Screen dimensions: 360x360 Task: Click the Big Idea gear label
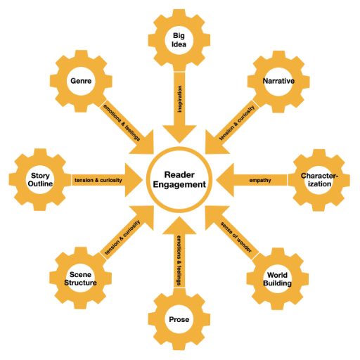179,40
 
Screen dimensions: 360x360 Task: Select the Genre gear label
81,81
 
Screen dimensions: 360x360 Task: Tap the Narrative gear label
278,81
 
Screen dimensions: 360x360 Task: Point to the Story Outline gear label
40,179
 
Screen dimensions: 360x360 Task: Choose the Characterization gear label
319,180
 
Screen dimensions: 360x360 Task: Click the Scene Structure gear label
80,278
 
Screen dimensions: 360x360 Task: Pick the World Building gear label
277,279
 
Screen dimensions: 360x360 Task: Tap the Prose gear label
179,319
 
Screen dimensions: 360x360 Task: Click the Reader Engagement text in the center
179,179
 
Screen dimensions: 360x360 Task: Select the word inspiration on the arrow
180,99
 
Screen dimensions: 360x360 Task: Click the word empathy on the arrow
260,180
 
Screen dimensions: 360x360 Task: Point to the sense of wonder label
236,237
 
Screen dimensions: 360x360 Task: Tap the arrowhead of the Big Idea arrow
179,133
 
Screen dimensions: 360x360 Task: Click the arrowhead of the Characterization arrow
225,180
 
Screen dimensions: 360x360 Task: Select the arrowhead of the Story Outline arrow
134,180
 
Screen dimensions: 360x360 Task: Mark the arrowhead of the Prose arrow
179,226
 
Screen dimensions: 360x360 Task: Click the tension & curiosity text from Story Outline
98,180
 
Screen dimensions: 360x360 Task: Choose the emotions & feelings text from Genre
122,122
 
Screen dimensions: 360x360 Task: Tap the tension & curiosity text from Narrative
237,123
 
